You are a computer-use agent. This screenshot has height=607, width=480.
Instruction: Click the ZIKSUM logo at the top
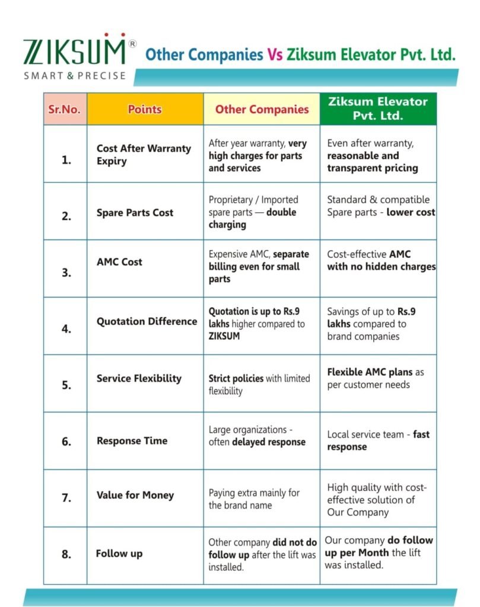click(x=74, y=52)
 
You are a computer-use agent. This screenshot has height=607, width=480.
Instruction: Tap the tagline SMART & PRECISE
click(x=74, y=76)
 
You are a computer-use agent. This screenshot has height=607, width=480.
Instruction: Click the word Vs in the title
click(x=274, y=55)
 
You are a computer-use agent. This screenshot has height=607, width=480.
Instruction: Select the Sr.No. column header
click(x=65, y=109)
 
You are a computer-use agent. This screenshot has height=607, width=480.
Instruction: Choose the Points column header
click(x=145, y=109)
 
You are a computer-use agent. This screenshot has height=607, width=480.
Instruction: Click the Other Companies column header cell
click(x=262, y=109)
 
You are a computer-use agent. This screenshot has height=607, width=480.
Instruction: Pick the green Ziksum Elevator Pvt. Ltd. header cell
click(x=378, y=108)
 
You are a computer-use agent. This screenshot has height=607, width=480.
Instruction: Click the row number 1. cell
click(x=66, y=159)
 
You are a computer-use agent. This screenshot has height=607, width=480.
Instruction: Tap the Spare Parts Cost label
click(x=135, y=213)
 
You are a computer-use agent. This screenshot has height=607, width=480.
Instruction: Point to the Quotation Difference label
click(x=147, y=321)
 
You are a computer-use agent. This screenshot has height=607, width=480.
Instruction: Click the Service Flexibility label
click(x=139, y=378)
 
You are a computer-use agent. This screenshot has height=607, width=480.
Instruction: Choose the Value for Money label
click(x=135, y=495)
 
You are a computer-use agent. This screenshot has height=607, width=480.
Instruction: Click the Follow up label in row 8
click(x=119, y=554)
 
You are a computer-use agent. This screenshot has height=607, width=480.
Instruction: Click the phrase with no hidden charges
click(x=381, y=267)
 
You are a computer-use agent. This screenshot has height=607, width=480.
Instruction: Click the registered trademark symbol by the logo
click(x=132, y=44)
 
